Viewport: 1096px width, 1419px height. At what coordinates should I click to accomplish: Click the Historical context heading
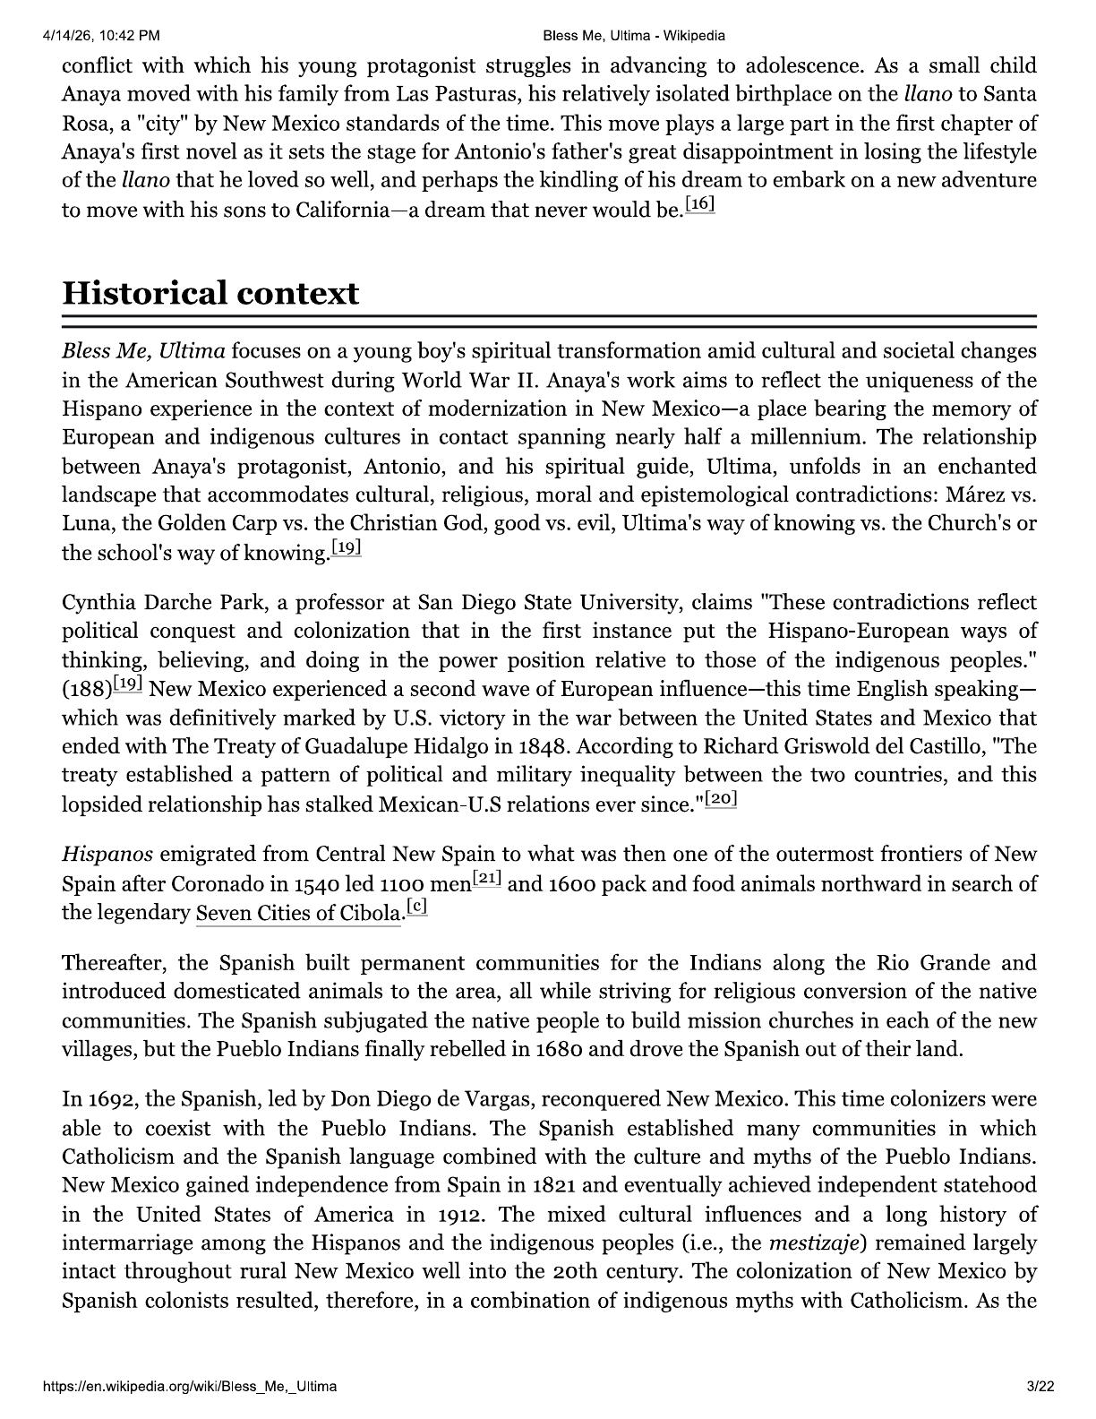point(210,294)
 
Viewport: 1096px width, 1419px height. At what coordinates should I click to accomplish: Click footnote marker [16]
point(700,205)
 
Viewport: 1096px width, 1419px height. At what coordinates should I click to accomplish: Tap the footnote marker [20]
point(721,799)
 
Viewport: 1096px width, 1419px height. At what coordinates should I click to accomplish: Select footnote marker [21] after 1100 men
point(487,880)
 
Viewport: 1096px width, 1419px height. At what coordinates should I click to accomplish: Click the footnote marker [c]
point(416,907)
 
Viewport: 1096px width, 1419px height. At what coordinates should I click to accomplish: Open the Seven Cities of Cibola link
point(298,914)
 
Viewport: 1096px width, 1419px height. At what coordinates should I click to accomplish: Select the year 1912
point(459,1216)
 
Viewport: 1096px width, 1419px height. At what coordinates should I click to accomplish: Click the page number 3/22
point(1041,1387)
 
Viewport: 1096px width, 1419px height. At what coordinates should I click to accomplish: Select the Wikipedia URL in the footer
point(190,1387)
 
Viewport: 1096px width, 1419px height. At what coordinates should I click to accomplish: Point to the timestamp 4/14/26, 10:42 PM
point(100,36)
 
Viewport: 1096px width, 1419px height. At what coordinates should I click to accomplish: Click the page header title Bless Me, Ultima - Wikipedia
point(634,36)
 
